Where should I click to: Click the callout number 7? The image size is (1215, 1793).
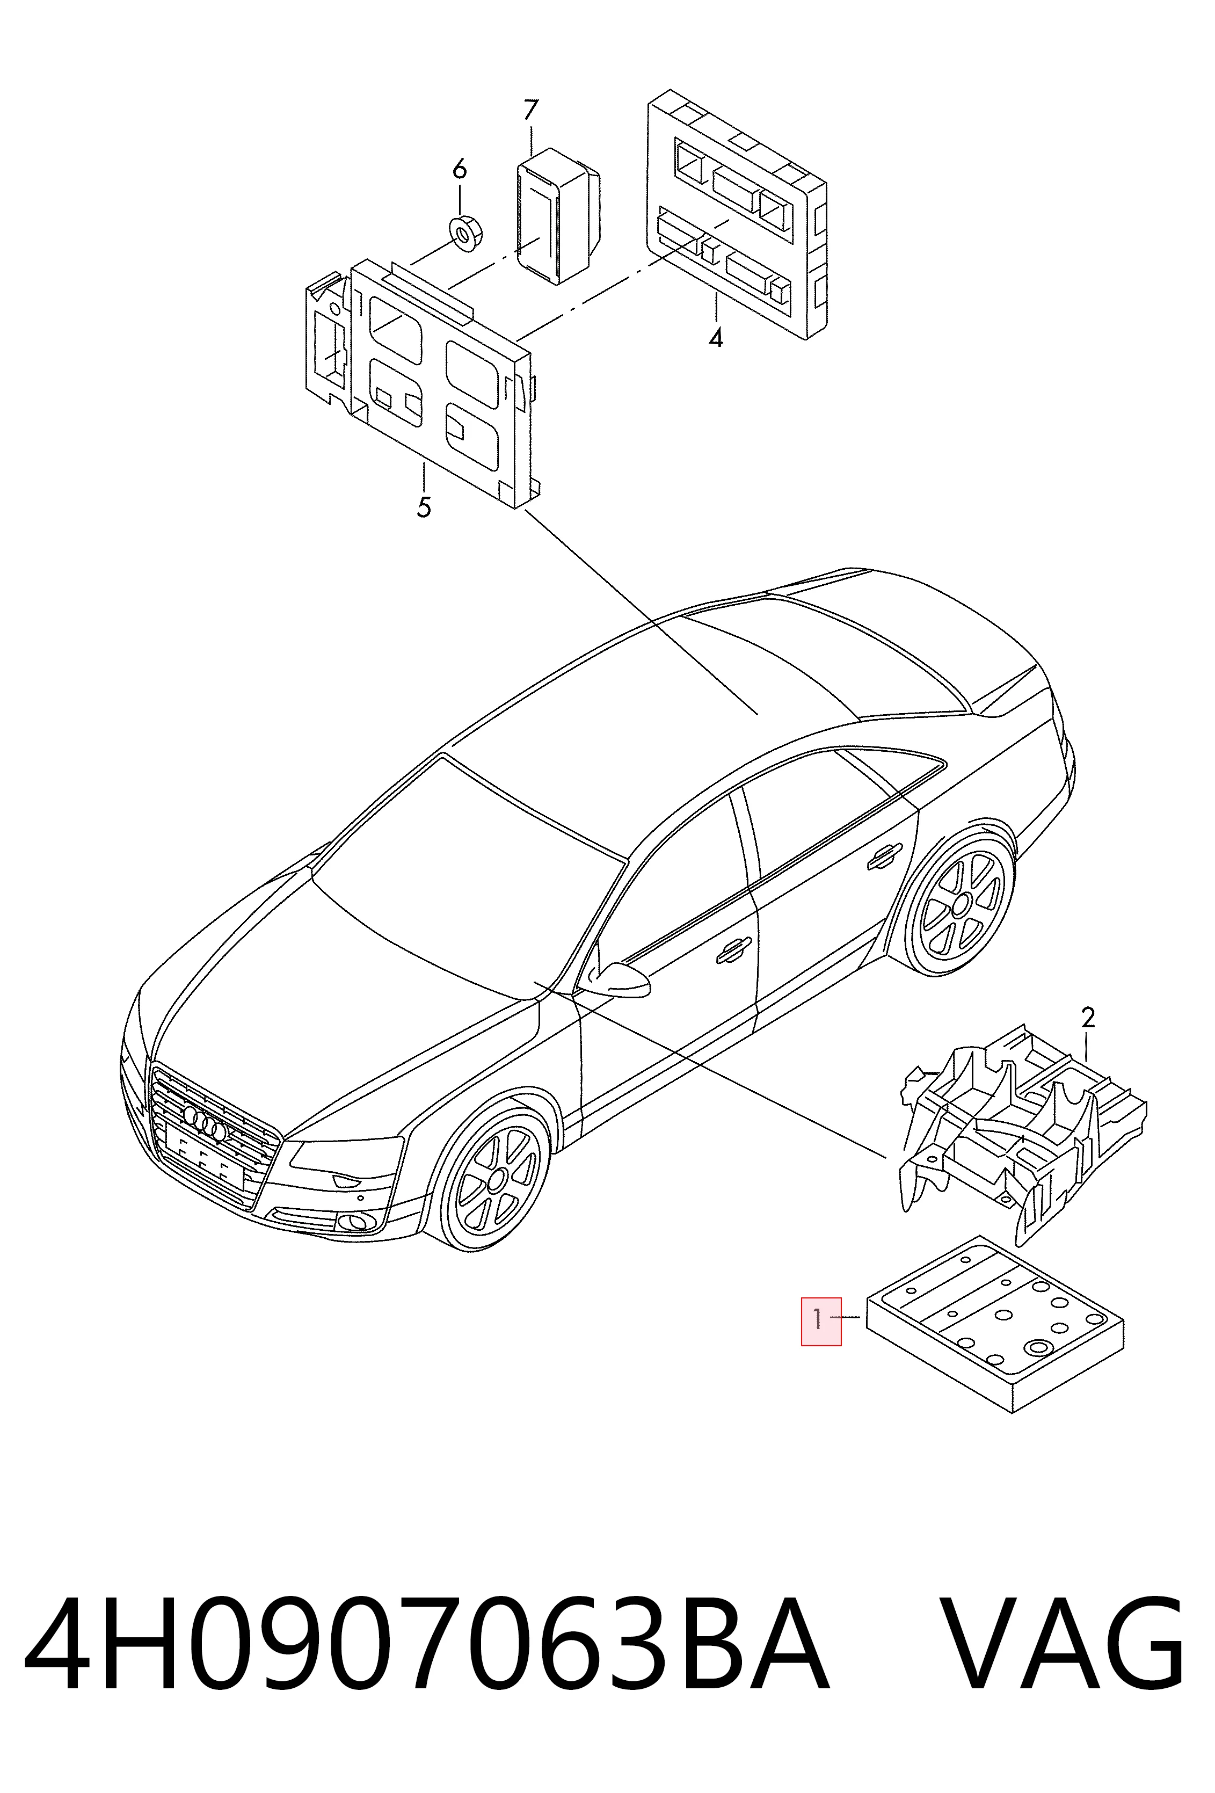(529, 110)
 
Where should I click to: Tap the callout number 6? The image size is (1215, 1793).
(459, 168)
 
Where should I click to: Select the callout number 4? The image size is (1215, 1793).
(716, 337)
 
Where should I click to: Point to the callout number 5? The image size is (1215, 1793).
(424, 507)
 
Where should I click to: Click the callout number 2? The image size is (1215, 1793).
(1088, 1019)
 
